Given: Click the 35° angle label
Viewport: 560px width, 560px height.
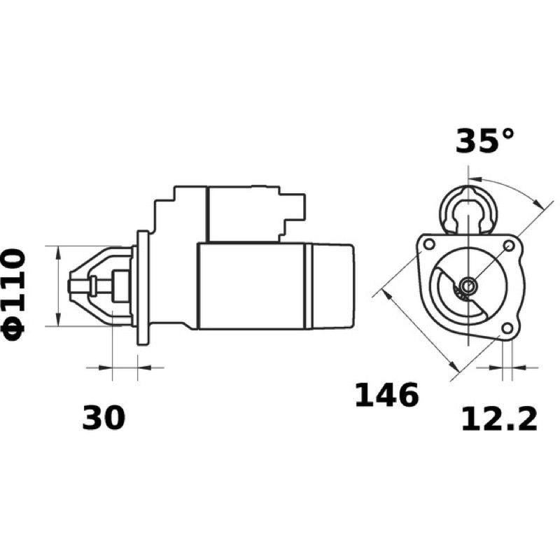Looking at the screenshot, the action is pyautogui.click(x=484, y=141).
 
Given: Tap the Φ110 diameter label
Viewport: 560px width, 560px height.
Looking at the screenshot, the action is pyautogui.click(x=14, y=295).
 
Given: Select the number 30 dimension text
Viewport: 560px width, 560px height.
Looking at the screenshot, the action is pyautogui.click(x=104, y=417).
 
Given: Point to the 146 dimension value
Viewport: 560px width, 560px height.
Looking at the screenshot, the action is pyautogui.click(x=386, y=395).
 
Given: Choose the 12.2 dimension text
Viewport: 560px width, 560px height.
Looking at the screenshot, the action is pyautogui.click(x=499, y=420).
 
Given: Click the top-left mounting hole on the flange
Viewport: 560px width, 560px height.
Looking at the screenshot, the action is pyautogui.click(x=429, y=244).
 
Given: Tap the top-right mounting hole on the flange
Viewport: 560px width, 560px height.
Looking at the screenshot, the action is pyautogui.click(x=509, y=245).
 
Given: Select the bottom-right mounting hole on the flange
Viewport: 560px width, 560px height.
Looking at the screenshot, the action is pyautogui.click(x=506, y=328).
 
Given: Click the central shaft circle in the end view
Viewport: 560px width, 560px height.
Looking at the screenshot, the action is pyautogui.click(x=468, y=286).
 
